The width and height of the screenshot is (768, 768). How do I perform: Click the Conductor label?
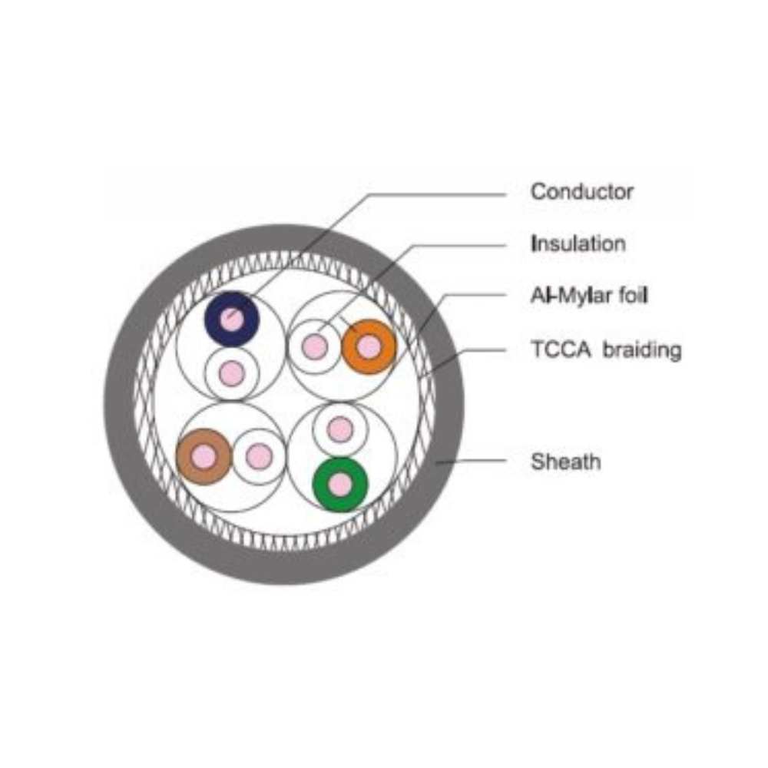point(582,191)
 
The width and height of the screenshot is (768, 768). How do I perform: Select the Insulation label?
point(578,244)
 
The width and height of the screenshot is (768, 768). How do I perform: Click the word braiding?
point(642,350)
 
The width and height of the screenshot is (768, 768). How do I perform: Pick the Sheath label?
point(566,462)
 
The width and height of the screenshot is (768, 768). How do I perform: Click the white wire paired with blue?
point(232,373)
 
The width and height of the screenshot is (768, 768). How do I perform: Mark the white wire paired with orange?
point(314,347)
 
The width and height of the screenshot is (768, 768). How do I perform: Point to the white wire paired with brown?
point(260,457)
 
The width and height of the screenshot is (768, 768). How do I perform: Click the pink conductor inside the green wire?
point(340,485)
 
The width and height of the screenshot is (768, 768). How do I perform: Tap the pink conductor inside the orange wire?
point(369,347)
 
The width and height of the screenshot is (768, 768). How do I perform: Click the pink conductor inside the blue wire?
point(233,319)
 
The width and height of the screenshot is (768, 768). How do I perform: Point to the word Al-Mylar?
point(569,296)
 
